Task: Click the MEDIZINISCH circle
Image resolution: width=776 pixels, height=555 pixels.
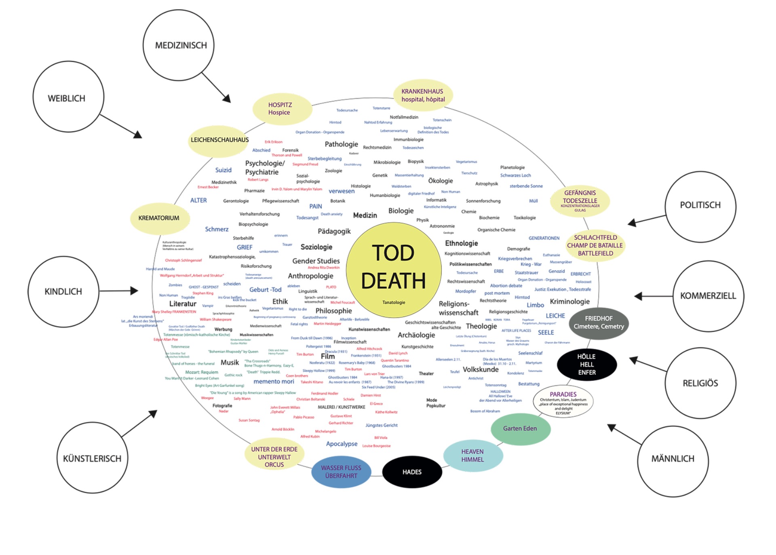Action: point(179,45)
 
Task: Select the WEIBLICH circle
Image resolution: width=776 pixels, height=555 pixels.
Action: point(68,97)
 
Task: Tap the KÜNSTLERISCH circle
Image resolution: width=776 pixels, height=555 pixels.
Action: point(92,458)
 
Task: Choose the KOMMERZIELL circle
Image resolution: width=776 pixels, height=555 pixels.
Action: point(708,296)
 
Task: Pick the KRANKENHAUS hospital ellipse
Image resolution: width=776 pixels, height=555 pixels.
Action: point(423,95)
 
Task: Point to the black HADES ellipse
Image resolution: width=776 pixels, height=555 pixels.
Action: point(412,472)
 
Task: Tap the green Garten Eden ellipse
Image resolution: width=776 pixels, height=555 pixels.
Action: point(520,428)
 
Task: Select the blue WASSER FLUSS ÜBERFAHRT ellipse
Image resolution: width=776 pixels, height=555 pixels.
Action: point(341,472)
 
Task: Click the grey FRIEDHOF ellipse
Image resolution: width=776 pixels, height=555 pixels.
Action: point(599,322)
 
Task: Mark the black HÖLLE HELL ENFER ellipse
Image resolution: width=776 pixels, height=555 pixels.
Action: point(587,364)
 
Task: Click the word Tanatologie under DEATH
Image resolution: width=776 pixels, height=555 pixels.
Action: point(394,302)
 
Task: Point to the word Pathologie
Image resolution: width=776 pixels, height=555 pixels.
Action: point(341,144)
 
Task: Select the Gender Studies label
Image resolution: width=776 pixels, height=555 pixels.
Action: point(316,261)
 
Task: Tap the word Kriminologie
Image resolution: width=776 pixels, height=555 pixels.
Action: point(569,302)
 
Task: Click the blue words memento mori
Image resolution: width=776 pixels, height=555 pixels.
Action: point(274,382)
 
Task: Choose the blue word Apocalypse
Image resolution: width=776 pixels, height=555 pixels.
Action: point(342,444)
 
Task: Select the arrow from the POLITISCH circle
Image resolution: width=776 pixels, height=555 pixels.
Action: point(647,220)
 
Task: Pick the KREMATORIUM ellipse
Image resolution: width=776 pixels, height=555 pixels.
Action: point(159,218)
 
